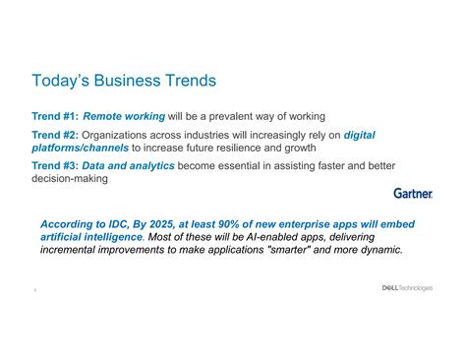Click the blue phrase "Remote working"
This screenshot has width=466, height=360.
click(124, 116)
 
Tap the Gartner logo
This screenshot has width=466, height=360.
click(412, 194)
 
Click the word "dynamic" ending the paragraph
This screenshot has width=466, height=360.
click(378, 250)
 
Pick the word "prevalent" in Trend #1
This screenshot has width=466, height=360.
click(242, 116)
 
